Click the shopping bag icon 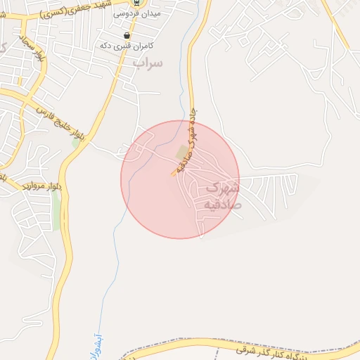coord(127,35)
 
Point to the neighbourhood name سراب coord(148,63)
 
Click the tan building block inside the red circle coord(182,153)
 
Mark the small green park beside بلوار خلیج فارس coord(76,142)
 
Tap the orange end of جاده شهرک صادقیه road coord(174,173)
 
